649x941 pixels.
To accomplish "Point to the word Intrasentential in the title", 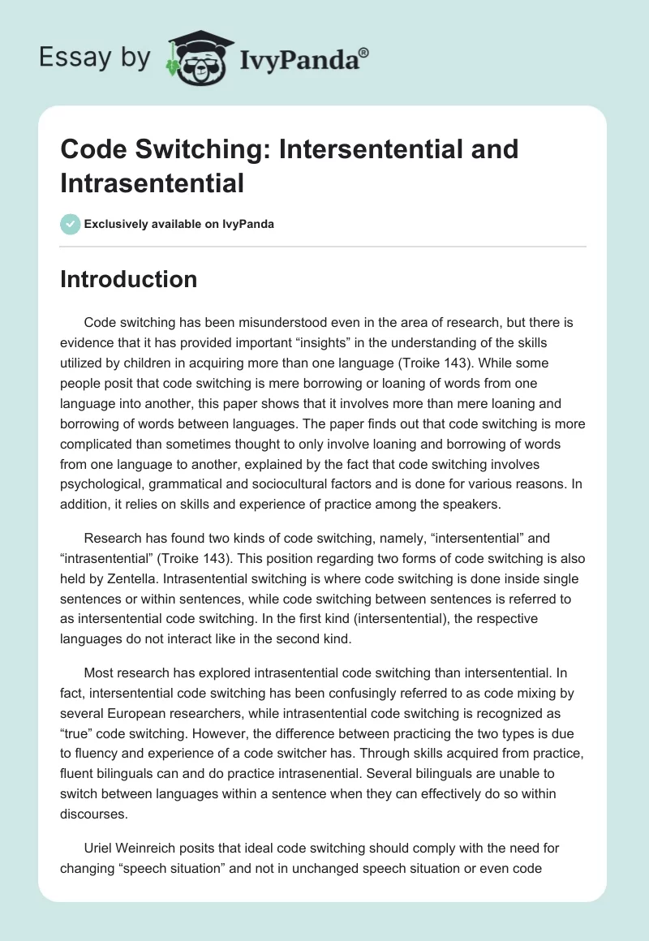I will coord(152,183).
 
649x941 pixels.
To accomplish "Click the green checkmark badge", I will coord(71,224).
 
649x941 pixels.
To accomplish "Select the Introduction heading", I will coord(129,279).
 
